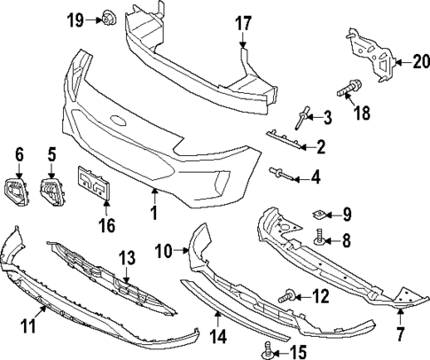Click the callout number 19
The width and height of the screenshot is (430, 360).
click(77, 18)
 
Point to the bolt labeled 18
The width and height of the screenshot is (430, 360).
click(347, 90)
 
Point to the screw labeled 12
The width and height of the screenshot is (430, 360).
click(288, 294)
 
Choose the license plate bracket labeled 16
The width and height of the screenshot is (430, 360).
click(95, 184)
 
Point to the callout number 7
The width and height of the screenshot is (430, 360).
click(401, 334)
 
